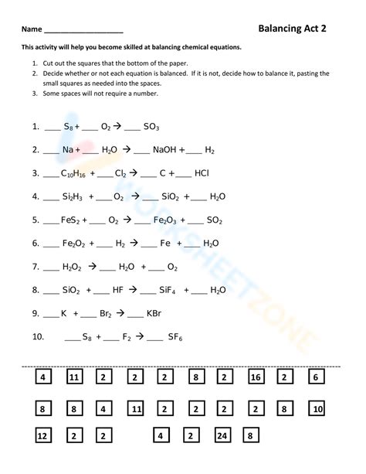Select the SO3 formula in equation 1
pos(151,126)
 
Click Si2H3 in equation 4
pos(73,196)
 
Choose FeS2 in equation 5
pos(72,220)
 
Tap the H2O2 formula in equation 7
pos(72,267)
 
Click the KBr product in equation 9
pos(154,313)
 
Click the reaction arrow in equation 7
pos(92,266)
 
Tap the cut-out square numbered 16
pos(256,377)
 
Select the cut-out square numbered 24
pos(222,435)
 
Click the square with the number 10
pos(317,408)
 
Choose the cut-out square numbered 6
pos(315,377)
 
